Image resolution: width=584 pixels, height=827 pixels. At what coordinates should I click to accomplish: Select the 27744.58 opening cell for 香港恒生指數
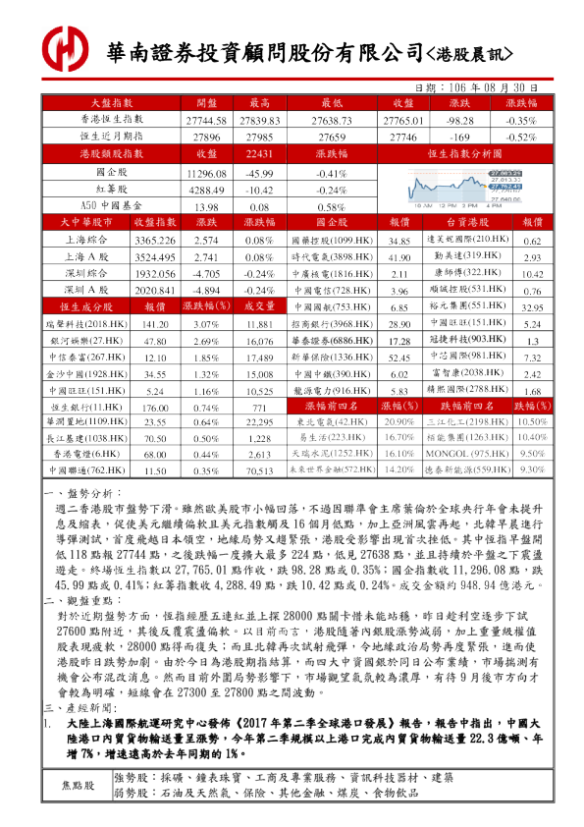(206, 119)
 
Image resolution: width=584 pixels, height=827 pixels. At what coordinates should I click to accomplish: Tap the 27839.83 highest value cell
(260, 119)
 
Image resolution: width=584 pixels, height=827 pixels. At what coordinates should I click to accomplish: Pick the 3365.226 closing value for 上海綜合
(153, 241)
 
